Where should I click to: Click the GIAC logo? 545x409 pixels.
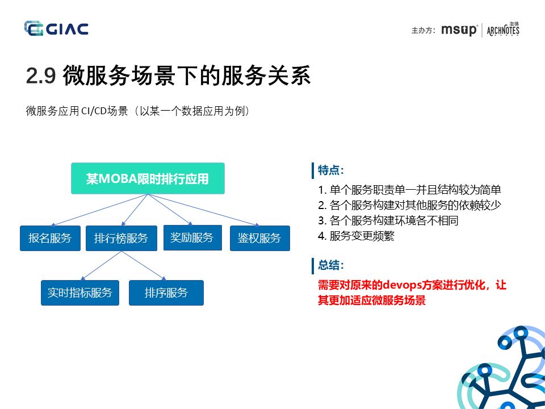pyautogui.click(x=56, y=28)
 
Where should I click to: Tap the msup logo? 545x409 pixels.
pyautogui.click(x=459, y=30)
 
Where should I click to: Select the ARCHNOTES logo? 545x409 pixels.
pyautogui.click(x=503, y=30)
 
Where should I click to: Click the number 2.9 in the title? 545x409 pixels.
pyautogui.click(x=40, y=76)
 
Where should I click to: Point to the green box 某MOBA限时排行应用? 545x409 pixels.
pyautogui.click(x=148, y=178)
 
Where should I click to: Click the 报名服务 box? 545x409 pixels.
pyautogui.click(x=50, y=238)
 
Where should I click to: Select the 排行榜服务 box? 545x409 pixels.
pyautogui.click(x=121, y=238)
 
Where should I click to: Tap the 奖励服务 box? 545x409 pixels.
pyautogui.click(x=192, y=237)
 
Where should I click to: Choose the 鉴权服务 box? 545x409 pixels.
pyautogui.click(x=259, y=238)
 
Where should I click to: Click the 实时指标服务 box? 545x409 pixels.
pyautogui.click(x=80, y=293)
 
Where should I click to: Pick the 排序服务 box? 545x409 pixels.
pyautogui.click(x=166, y=293)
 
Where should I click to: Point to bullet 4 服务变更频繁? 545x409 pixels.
pyautogui.click(x=356, y=236)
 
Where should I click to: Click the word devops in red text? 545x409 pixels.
pyautogui.click(x=404, y=285)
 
